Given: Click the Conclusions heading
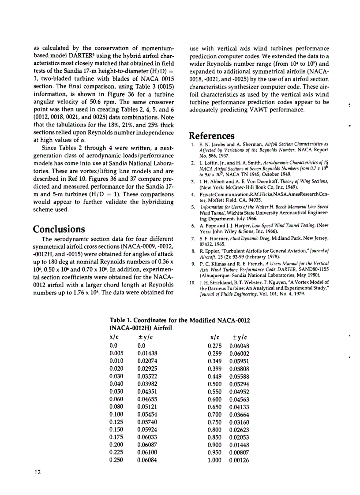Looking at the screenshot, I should coord(59,229).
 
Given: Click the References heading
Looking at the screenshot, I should coord(211,135).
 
